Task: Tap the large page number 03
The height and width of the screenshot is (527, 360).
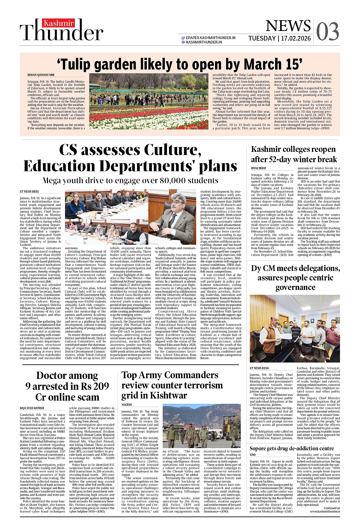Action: (327, 32)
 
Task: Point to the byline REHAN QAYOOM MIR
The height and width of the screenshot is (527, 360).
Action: (41, 75)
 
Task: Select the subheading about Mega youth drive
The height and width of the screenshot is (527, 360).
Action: (130, 180)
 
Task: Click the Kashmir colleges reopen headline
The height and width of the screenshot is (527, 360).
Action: (293, 154)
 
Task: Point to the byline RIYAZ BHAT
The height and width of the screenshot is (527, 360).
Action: (258, 168)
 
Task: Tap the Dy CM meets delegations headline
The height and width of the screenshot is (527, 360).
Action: (295, 278)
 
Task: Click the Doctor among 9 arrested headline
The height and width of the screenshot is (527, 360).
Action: (67, 386)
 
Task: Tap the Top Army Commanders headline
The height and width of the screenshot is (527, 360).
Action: (172, 385)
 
